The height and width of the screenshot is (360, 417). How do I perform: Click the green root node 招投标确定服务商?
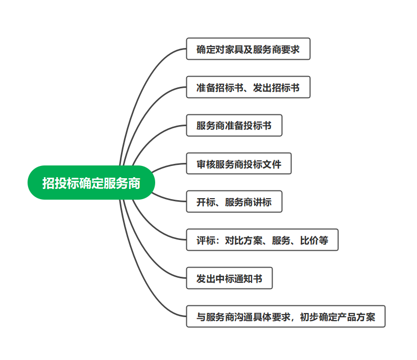(x=91, y=183)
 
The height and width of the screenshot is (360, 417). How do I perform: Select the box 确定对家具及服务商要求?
(x=248, y=50)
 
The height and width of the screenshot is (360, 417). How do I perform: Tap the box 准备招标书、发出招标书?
(x=248, y=88)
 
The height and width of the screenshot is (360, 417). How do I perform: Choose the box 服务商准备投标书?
(x=234, y=126)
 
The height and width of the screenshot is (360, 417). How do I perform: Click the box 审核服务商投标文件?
(x=238, y=164)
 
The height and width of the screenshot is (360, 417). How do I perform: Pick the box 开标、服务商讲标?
(x=234, y=202)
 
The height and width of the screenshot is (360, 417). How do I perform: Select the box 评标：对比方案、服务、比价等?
(x=262, y=240)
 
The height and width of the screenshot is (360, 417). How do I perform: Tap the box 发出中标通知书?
(x=229, y=278)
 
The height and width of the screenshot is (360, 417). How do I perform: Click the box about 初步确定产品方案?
(x=285, y=317)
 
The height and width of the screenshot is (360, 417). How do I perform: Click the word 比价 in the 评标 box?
(x=313, y=240)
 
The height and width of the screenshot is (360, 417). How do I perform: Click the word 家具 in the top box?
(x=229, y=50)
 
